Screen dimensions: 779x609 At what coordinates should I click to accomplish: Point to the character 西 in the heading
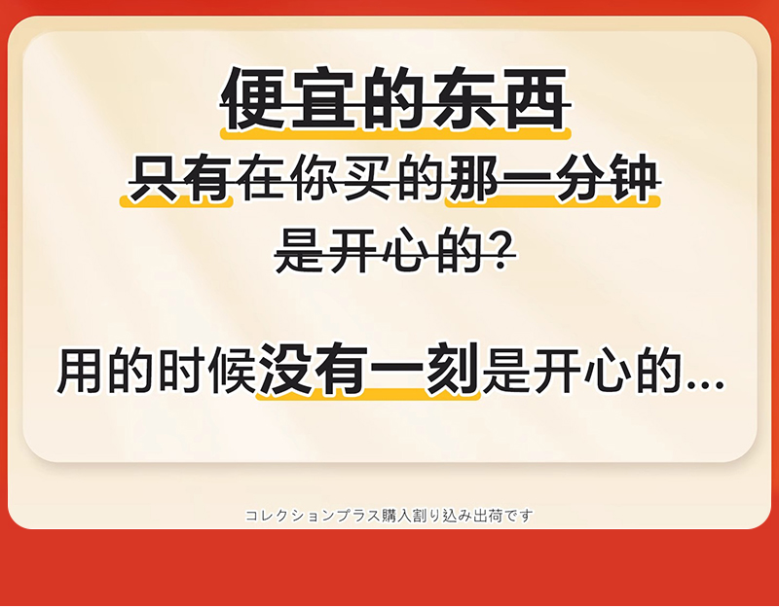535,98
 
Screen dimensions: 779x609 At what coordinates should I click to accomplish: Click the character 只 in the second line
154,179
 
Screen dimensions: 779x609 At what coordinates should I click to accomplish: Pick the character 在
261,179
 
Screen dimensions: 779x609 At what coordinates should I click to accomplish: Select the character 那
473,179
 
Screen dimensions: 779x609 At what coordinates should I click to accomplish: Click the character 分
580,179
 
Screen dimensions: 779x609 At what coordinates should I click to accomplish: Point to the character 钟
634,179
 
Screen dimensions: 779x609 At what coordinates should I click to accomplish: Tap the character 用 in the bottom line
80,371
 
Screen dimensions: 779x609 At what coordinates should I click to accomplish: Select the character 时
181,371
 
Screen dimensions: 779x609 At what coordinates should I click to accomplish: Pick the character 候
232,371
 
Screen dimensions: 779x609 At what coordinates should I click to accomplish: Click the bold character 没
285,370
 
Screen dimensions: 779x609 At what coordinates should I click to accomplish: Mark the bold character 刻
452,370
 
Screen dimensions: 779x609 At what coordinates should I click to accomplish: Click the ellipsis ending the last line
704,384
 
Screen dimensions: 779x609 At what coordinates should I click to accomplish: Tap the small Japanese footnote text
389,516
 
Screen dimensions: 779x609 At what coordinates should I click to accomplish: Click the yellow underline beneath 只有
176,201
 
